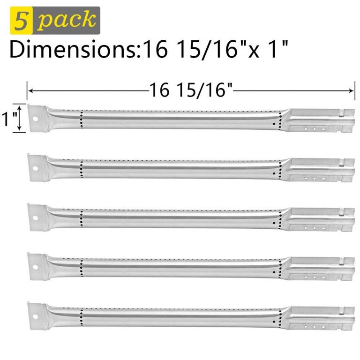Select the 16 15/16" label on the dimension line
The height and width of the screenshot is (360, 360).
click(x=191, y=90)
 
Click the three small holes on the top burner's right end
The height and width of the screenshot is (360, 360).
click(x=314, y=127)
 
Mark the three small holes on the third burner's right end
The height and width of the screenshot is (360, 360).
click(x=314, y=227)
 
